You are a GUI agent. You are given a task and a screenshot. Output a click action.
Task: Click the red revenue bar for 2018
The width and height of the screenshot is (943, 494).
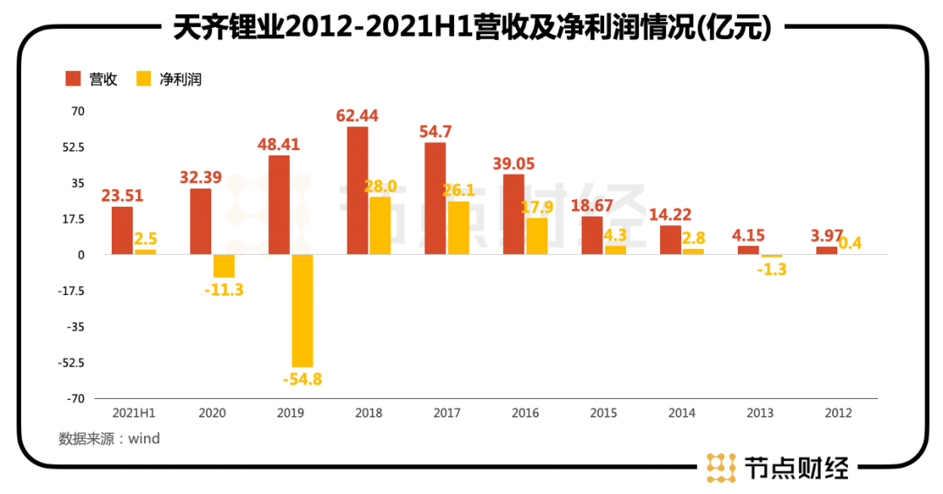tap(357, 190)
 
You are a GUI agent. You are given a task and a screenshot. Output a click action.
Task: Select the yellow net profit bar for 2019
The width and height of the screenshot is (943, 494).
tap(302, 311)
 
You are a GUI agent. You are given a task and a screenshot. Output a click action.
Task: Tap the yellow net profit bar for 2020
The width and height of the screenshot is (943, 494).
tap(224, 266)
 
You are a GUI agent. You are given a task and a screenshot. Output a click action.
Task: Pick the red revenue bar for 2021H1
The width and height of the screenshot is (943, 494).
tap(122, 230)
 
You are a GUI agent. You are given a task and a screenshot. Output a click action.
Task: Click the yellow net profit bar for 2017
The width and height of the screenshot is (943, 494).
tap(458, 228)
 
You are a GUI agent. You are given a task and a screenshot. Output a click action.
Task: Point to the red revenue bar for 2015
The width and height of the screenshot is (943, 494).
tap(592, 236)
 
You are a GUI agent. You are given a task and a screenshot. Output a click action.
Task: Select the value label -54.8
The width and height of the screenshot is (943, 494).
tap(302, 380)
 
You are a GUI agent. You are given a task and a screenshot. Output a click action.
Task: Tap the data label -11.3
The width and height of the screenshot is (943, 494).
tap(224, 290)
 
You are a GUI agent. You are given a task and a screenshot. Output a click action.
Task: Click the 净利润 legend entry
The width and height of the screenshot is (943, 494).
tap(169, 79)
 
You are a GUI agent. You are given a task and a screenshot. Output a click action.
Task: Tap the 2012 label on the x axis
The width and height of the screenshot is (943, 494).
tap(836, 413)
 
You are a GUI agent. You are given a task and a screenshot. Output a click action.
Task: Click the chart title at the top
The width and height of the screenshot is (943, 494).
tap(471, 29)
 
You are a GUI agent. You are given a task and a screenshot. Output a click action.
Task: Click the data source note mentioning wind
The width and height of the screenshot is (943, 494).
tap(109, 439)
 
